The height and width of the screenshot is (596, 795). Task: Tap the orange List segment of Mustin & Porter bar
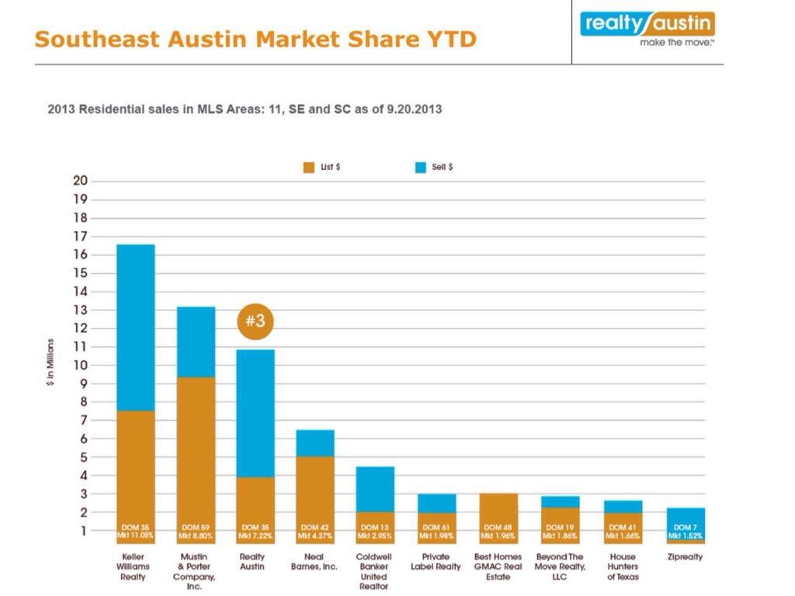pos(196,450)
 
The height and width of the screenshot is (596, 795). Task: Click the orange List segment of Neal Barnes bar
pos(315,489)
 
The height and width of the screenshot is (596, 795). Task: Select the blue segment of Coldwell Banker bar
pos(375,489)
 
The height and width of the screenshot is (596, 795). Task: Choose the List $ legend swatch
pos(308,168)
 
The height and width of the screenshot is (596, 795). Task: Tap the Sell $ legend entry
pos(435,168)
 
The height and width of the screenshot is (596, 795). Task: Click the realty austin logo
pos(647,28)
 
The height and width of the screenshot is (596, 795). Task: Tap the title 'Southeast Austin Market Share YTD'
pos(255,39)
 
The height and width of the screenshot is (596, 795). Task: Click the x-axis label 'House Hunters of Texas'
pos(623,567)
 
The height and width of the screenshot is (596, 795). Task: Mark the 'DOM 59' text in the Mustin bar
pos(196,527)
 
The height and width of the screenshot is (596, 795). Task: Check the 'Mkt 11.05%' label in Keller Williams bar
pos(136,535)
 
